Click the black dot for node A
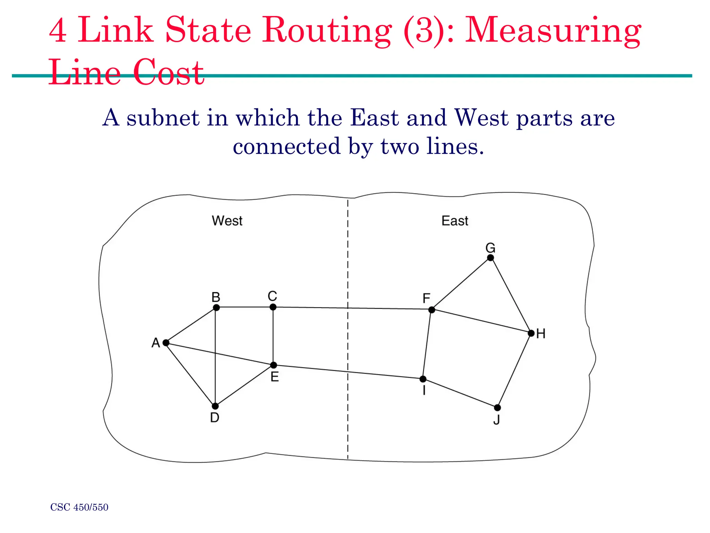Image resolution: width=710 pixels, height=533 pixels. [x=166, y=343]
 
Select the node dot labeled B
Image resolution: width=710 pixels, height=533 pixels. [x=216, y=307]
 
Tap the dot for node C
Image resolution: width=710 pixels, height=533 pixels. [x=273, y=307]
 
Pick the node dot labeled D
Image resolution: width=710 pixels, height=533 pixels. [x=215, y=406]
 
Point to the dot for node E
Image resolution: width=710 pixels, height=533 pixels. [x=274, y=365]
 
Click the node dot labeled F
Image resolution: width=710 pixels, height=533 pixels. [x=432, y=310]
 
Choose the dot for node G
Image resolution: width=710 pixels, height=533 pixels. [x=490, y=257]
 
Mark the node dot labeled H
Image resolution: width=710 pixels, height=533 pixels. [x=531, y=333]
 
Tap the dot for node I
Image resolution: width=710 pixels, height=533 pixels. [x=423, y=379]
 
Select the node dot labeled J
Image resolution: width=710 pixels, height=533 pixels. [x=497, y=407]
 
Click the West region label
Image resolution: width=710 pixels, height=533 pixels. [x=227, y=221]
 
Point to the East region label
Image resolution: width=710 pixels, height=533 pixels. [x=455, y=221]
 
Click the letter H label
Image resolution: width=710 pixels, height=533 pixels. [x=541, y=334]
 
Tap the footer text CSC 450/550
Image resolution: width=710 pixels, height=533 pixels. [x=79, y=507]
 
